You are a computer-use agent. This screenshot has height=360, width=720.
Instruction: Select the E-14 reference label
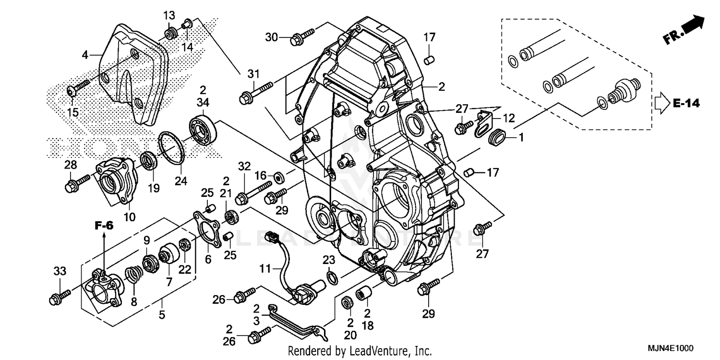coord(686,103)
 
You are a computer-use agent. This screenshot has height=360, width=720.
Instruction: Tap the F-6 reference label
coord(104,226)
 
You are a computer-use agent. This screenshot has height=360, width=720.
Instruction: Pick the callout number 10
coord(129,217)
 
